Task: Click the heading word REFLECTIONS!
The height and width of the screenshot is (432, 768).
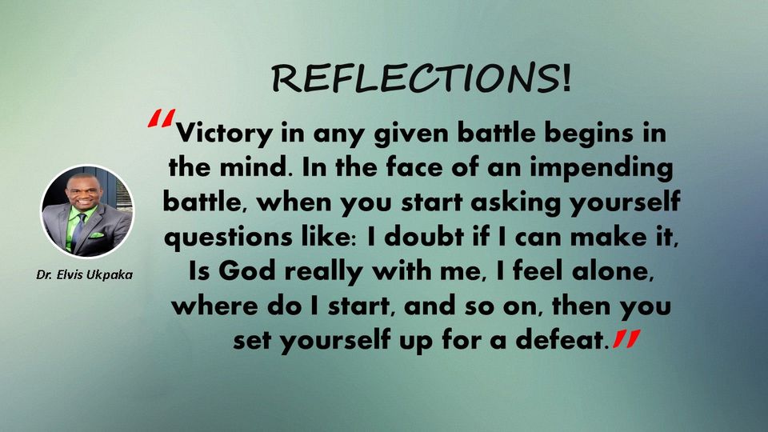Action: tap(422, 78)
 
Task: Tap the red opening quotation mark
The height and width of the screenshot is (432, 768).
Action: tap(161, 118)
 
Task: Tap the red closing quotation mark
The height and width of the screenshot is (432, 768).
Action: tap(626, 339)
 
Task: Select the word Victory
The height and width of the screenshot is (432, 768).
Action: tap(224, 134)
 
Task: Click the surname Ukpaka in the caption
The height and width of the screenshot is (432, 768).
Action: tap(110, 274)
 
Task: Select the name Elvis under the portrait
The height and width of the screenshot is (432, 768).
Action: tap(70, 274)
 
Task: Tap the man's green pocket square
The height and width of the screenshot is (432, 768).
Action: tap(96, 235)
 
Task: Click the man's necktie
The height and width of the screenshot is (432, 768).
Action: tap(78, 230)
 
